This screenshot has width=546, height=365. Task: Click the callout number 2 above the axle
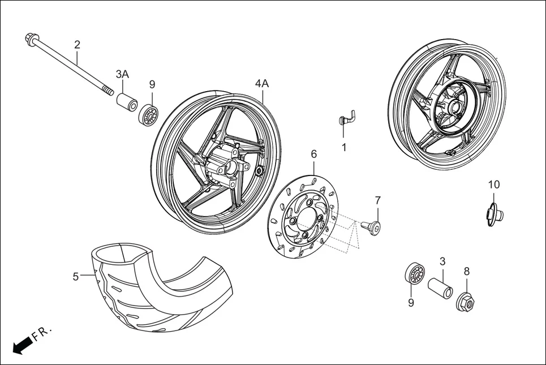77,45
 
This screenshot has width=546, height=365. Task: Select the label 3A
122,74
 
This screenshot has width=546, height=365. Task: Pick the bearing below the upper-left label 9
148,115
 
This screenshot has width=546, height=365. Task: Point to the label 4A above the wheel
261,83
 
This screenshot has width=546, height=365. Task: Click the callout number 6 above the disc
313,153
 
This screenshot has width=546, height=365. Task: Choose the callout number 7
377,200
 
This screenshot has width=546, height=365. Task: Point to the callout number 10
494,184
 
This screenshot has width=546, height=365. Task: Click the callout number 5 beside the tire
75,276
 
